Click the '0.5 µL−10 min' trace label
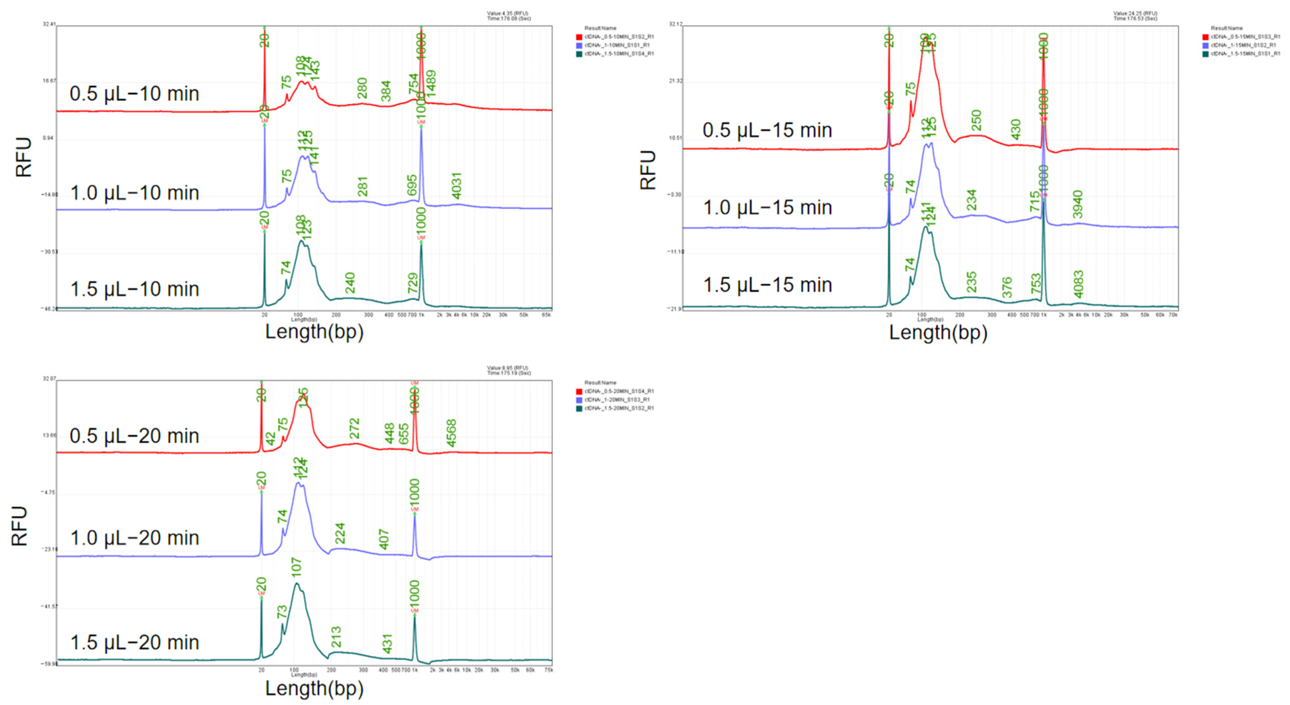[x=134, y=94]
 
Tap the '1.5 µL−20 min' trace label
[x=134, y=642]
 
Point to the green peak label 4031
[x=456, y=186]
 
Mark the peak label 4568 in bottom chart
[x=451, y=433]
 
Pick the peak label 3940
[x=1078, y=205]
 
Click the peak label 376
[x=1007, y=287]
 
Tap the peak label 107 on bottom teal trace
[x=296, y=567]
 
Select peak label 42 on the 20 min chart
[x=270, y=439]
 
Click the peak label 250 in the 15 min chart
[x=976, y=121]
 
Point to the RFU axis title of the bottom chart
[x=19, y=525]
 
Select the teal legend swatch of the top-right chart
[x=1206, y=54]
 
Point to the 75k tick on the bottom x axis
[x=548, y=670]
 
